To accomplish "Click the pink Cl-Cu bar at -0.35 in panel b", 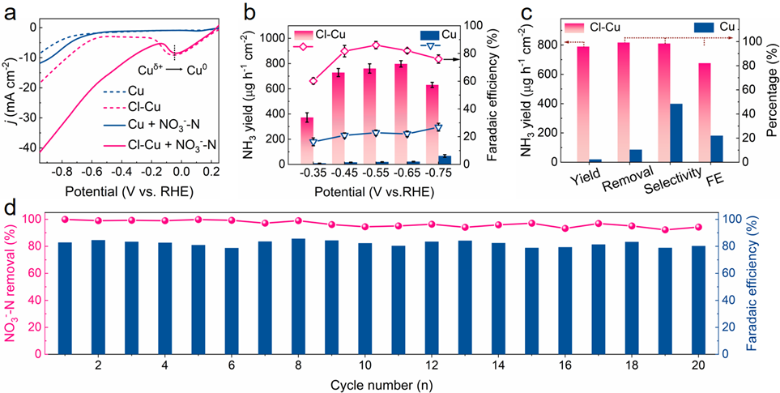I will (x=307, y=141).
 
